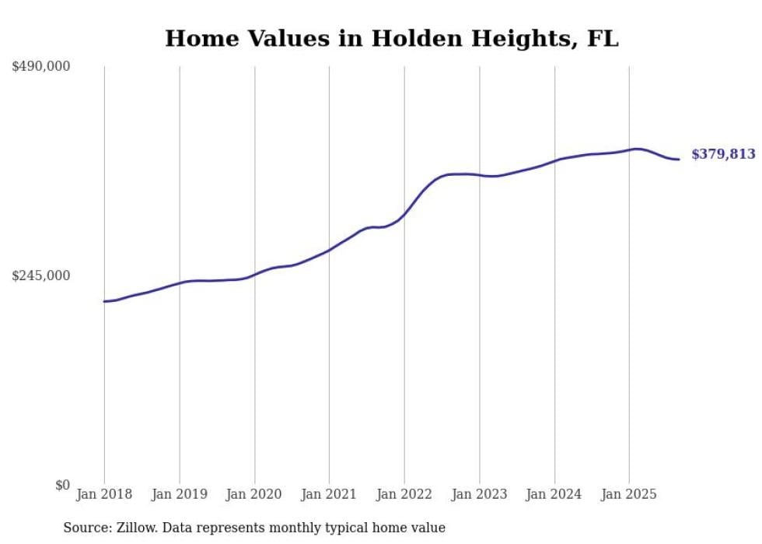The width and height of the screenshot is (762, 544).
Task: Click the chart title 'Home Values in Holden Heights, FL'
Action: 391,39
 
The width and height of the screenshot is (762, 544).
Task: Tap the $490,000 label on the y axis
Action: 41,67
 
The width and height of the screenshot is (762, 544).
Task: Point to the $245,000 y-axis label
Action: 41,276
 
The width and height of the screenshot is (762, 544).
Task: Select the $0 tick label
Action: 62,485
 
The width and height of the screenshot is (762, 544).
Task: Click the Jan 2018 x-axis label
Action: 104,494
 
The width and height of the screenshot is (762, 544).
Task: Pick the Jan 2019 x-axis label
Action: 180,494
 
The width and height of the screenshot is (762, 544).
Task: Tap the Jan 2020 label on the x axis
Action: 254,494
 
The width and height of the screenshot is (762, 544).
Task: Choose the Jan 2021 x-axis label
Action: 329,494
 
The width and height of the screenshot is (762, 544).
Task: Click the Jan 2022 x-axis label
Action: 404,494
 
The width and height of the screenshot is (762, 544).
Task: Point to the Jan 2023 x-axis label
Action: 479,494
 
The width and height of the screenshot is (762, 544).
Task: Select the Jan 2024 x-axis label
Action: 554,494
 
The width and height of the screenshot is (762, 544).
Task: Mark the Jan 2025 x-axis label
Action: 629,494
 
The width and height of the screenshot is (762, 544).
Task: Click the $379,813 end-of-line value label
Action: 723,154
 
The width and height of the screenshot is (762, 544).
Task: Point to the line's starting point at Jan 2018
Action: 104,301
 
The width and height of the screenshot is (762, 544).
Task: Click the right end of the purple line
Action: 680,160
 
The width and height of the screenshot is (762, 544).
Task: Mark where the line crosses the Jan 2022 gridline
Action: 404,213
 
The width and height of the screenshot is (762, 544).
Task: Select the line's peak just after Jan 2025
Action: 637,149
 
